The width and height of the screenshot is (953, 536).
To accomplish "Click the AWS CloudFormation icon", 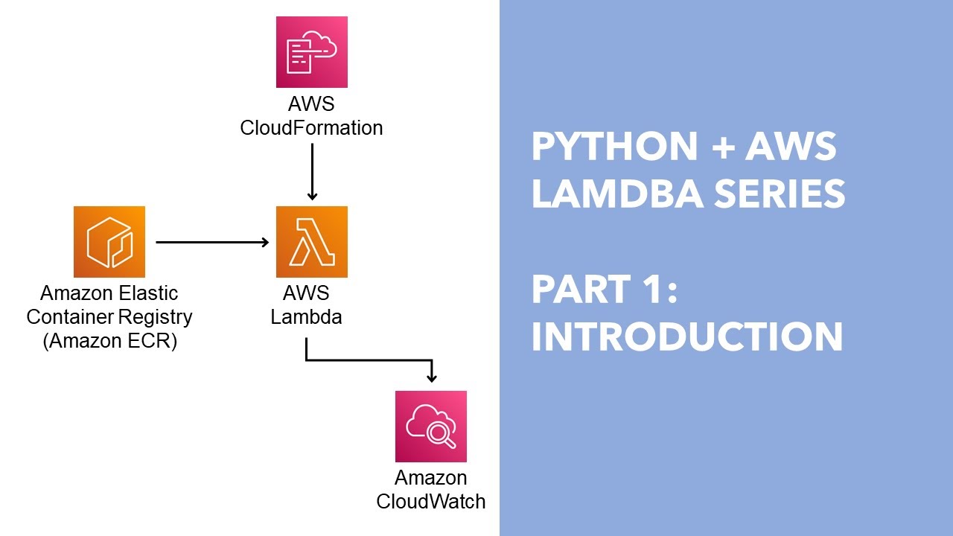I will (311, 52).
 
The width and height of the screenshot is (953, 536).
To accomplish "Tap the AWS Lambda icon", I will (311, 242).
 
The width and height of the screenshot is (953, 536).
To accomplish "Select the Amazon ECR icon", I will (109, 242).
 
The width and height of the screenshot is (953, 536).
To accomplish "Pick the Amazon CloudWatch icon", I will (430, 426).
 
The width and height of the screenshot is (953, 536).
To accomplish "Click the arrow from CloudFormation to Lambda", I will (312, 171).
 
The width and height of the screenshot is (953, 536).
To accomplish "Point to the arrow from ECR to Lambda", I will (212, 242).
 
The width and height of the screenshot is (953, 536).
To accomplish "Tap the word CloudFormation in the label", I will (311, 128).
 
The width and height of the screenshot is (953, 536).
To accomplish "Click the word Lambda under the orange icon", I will (306, 316).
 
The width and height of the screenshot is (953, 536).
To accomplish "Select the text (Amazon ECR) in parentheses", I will (109, 342).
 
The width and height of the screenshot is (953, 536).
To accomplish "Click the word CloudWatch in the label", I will (430, 501).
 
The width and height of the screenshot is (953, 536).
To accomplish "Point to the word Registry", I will (157, 316).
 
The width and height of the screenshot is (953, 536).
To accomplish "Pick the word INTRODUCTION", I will (686, 336).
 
